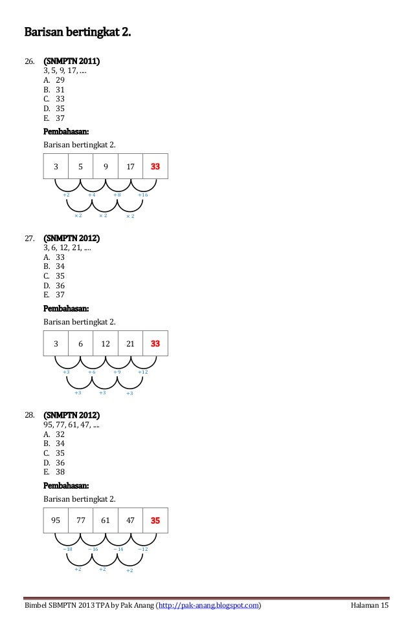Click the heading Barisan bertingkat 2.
77,32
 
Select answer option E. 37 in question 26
54,118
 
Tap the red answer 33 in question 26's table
155,167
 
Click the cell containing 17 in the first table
130,167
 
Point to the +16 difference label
143,195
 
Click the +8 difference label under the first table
117,195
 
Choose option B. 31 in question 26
54,90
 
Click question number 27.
29,239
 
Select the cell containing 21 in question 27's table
130,344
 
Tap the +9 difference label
117,372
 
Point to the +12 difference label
143,372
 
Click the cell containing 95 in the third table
56,520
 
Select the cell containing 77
81,520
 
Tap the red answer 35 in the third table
155,520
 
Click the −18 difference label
67,549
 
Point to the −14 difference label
118,549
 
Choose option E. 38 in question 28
54,472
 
